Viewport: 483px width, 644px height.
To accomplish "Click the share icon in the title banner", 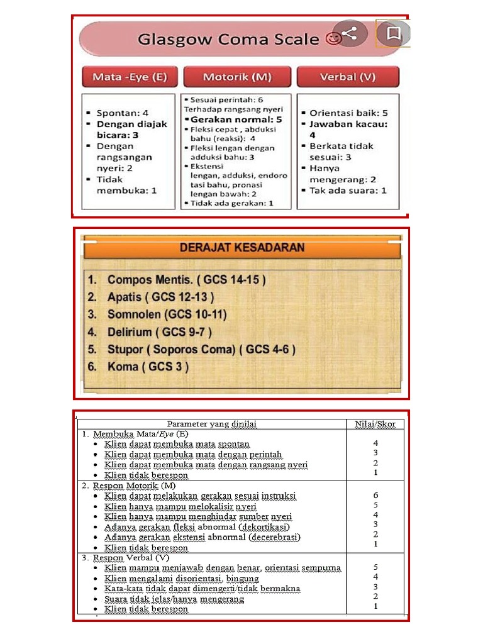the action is coord(350,33).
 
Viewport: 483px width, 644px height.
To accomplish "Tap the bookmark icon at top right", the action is coord(394,33).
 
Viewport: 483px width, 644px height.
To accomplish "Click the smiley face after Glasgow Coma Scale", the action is coord(333,39).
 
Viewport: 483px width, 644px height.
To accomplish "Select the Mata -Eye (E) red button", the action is coord(130,77).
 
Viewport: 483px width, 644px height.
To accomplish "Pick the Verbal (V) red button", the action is coord(348,77).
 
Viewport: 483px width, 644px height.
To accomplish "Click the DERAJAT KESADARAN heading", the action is coord(242,248).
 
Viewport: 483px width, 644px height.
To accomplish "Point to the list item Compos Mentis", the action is coord(186,280).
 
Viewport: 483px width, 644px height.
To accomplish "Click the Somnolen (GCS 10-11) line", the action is coord(167,314).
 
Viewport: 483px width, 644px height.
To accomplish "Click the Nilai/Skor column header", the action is coord(375,424).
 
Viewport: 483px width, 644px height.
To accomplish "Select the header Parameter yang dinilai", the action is coord(212,424).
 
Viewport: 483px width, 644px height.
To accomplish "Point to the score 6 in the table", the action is coord(375,496).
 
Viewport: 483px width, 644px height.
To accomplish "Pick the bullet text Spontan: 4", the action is coord(122,113).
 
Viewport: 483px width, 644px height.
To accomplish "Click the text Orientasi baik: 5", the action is coord(348,113).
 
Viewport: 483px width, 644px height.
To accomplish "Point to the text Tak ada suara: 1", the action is coord(348,190).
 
